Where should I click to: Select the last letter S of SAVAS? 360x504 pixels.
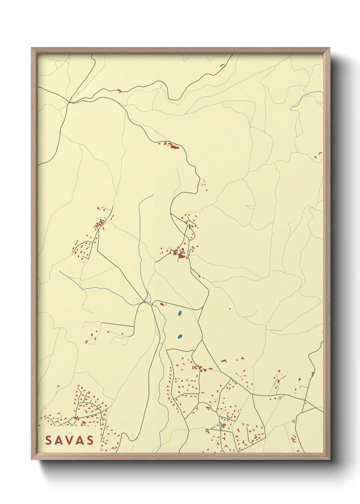[90, 440]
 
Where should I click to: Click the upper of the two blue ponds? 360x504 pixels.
[179, 313]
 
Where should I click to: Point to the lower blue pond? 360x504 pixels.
[180, 337]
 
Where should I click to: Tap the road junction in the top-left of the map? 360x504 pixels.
[69, 102]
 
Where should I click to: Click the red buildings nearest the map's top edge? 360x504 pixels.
[223, 65]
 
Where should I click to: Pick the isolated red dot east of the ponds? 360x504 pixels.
[230, 309]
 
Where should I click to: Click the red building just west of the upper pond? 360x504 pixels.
[162, 304]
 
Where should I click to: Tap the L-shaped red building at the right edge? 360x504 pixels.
[320, 155]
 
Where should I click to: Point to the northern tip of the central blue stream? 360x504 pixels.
[152, 195]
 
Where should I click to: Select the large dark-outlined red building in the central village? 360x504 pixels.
[181, 254]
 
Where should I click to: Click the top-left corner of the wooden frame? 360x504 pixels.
[32, 48]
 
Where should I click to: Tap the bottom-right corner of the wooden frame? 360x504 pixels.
[329, 459]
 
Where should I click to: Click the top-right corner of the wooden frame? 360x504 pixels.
[329, 48]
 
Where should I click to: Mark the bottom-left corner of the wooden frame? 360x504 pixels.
[32, 459]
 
